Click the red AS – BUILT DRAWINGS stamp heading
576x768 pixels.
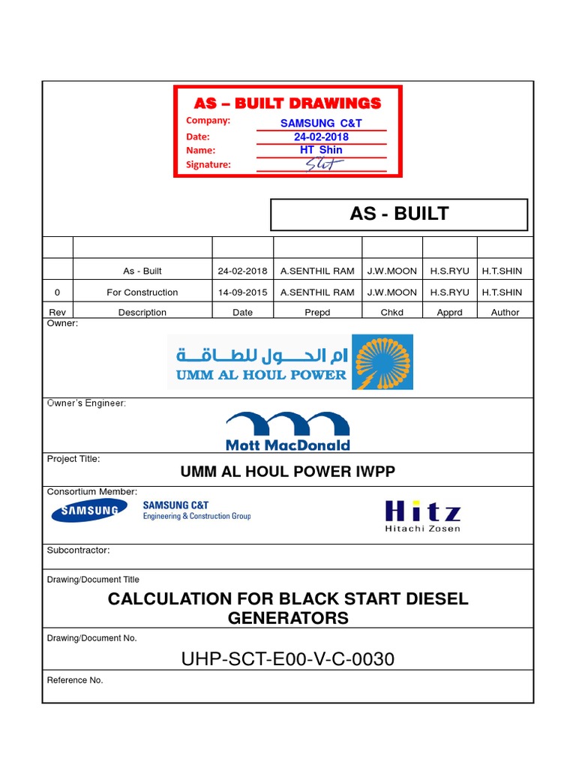[288, 103]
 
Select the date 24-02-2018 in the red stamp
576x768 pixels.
[321, 136]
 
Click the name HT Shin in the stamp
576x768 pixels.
[321, 150]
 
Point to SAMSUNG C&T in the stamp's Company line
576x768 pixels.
[321, 123]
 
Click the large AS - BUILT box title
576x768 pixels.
[399, 214]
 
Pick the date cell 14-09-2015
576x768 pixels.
[242, 292]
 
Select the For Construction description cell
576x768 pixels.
[142, 292]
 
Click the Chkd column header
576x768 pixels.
[391, 313]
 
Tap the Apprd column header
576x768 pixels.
[449, 313]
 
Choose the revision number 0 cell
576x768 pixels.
[58, 292]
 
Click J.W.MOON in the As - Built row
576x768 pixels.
[391, 271]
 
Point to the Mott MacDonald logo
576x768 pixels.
[288, 430]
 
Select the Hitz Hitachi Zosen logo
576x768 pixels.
[422, 515]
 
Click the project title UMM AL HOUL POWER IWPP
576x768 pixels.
[288, 472]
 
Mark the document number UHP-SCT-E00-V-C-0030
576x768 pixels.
[288, 659]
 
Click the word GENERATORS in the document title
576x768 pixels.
[288, 618]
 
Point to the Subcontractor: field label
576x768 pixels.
[79, 550]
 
